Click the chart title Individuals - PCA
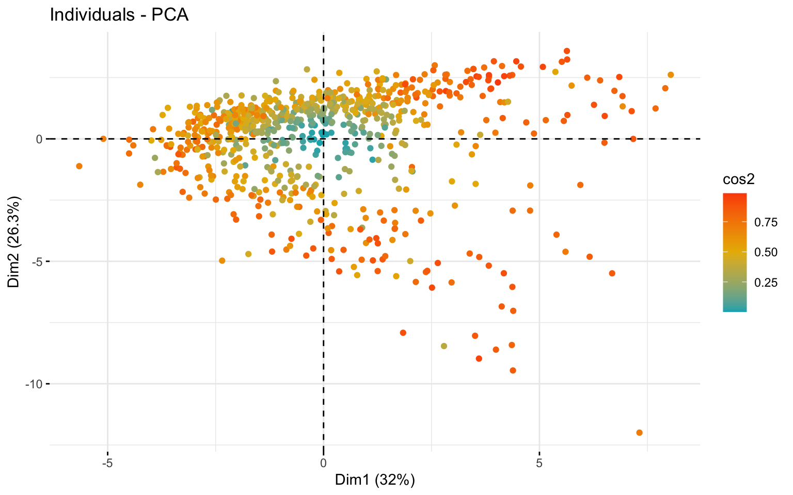pyautogui.click(x=119, y=15)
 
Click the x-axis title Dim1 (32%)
pyautogui.click(x=375, y=480)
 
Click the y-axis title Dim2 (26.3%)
pyautogui.click(x=14, y=242)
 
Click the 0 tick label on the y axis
pyautogui.click(x=38, y=139)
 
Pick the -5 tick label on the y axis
pyautogui.click(x=36, y=261)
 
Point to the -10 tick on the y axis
pyautogui.click(x=34, y=384)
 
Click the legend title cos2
pyautogui.click(x=739, y=179)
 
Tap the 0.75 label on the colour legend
pyautogui.click(x=766, y=223)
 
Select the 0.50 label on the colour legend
pyautogui.click(x=766, y=252)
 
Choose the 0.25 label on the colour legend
pyautogui.click(x=766, y=282)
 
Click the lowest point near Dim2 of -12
pyautogui.click(x=639, y=433)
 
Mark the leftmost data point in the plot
pyautogui.click(x=79, y=166)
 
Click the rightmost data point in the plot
pyautogui.click(x=671, y=75)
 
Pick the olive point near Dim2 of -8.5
pyautogui.click(x=443, y=346)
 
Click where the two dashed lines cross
pyautogui.click(x=323, y=139)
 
